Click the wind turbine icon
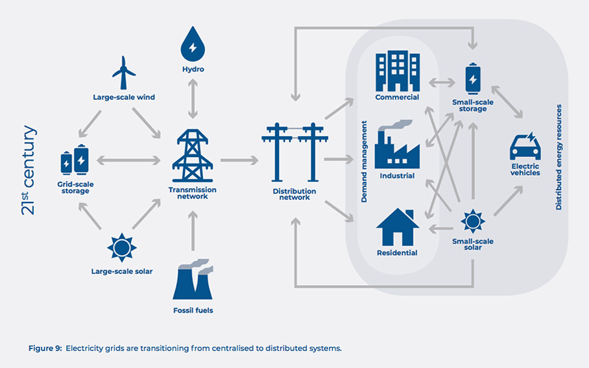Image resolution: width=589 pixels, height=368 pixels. pos(123,73)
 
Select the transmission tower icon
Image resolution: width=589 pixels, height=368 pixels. pos(192,158)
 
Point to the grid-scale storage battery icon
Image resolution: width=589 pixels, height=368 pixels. pos(75,160)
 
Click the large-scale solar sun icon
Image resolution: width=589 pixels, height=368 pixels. pos(121,248)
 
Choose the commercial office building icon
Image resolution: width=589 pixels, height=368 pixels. pos(396,71)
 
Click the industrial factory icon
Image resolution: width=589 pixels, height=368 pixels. pos(397,145)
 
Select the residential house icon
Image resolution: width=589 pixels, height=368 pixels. pos(397,227)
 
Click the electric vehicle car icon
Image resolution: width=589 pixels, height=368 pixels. pos(525,147)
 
